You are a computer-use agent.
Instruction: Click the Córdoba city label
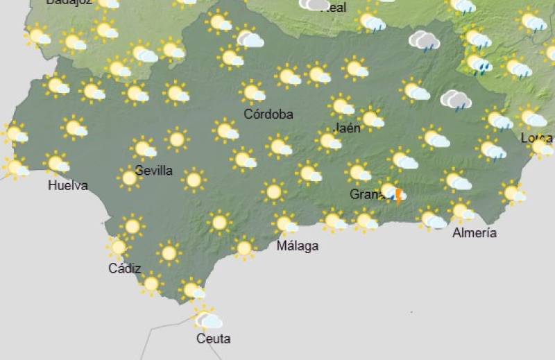[x=268, y=114]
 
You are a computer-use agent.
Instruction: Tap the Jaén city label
[x=347, y=128]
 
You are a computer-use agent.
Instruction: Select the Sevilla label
[x=154, y=171]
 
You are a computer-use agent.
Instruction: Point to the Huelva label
[x=68, y=185]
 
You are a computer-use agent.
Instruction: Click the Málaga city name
[x=298, y=246]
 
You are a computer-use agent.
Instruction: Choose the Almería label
[x=475, y=233]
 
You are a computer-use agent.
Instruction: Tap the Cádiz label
[x=125, y=268]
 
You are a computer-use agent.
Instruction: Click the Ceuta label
[x=213, y=339]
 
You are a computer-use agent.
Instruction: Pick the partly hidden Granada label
[x=365, y=195]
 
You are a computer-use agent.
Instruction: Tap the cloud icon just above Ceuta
[x=207, y=320]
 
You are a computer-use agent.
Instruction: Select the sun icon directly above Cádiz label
[x=118, y=247]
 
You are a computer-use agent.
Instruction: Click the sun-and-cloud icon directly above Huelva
[x=58, y=164]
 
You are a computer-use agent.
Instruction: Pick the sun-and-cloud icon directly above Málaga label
[x=285, y=224]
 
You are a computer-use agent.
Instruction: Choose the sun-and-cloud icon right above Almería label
[x=462, y=210]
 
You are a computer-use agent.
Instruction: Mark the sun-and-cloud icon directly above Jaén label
[x=342, y=106]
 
